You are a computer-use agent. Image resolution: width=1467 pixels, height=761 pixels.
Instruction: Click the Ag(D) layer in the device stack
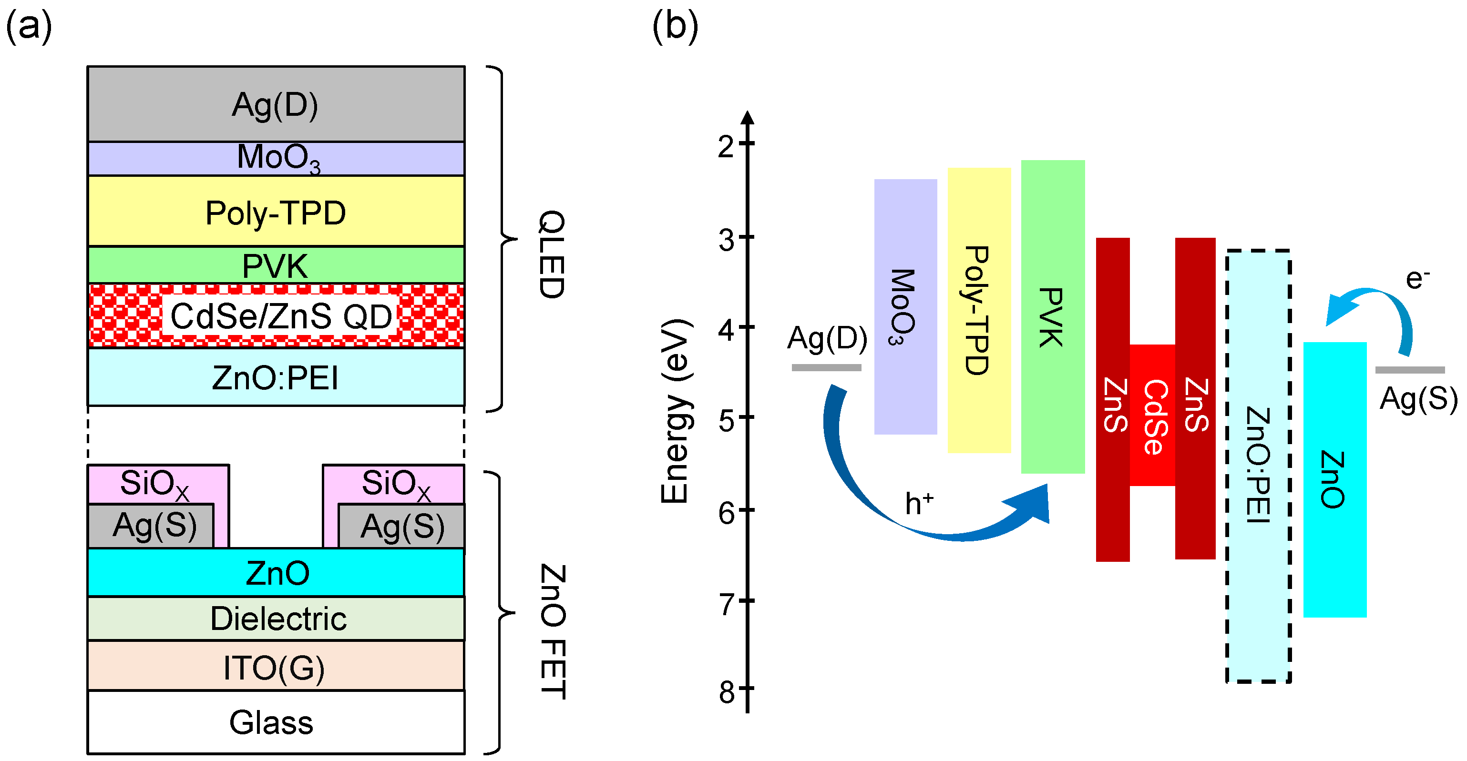click(x=276, y=104)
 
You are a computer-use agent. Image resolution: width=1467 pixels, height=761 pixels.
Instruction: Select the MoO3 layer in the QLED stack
click(x=276, y=158)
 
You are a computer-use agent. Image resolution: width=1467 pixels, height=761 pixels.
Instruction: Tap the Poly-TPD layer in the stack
click(x=276, y=212)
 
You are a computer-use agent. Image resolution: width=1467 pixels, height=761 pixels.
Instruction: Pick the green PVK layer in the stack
click(x=276, y=265)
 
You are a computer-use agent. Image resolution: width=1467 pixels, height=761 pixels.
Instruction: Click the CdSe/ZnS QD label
click(x=281, y=316)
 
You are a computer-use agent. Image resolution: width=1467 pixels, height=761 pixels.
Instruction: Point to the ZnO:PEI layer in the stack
click(x=276, y=377)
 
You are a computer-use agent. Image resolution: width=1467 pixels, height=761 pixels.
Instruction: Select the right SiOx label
click(x=396, y=484)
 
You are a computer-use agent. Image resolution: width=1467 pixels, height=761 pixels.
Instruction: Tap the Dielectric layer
click(x=278, y=619)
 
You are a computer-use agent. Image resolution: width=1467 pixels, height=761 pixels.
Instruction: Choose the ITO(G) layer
click(x=275, y=667)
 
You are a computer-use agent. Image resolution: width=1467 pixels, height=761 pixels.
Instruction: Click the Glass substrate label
click(x=271, y=722)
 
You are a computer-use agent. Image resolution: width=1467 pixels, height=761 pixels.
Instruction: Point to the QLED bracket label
click(x=552, y=254)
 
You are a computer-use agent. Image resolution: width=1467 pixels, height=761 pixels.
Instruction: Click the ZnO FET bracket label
click(x=552, y=631)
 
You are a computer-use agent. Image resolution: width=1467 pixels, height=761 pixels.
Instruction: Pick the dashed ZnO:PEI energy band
click(x=1258, y=465)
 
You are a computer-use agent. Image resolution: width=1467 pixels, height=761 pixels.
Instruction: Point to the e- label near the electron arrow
click(x=1417, y=279)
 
